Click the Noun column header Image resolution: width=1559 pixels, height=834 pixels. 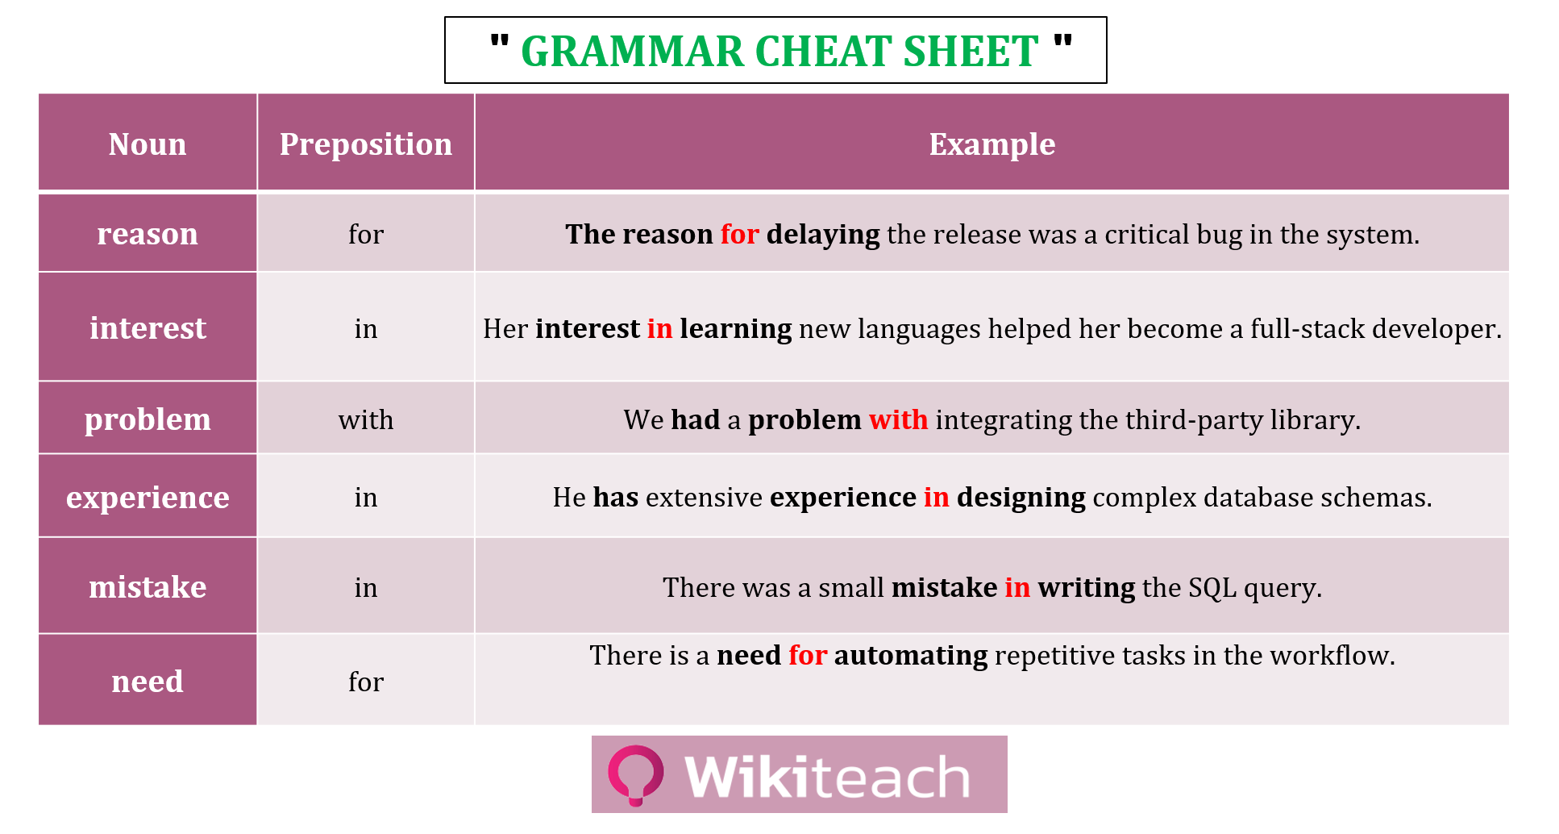[148, 144]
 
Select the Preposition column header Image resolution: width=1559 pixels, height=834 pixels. [366, 144]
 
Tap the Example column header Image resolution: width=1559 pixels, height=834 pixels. [992, 144]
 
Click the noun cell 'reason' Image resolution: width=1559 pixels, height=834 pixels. [148, 234]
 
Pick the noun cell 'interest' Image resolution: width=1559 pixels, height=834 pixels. [148, 328]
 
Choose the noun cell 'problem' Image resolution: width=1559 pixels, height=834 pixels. [148, 419]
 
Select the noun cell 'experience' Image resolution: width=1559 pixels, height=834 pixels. [148, 498]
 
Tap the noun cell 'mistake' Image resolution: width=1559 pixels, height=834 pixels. [148, 587]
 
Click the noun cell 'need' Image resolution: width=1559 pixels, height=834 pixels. [148, 682]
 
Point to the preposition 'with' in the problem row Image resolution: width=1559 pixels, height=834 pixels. [366, 419]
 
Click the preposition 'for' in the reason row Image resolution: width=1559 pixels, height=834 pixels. [366, 234]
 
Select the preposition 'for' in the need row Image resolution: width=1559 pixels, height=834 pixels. [366, 682]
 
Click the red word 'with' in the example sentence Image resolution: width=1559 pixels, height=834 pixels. [898, 419]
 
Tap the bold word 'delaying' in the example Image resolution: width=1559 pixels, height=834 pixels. [823, 235]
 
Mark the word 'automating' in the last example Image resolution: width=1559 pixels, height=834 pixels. [911, 655]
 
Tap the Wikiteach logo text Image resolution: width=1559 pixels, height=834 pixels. [827, 777]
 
